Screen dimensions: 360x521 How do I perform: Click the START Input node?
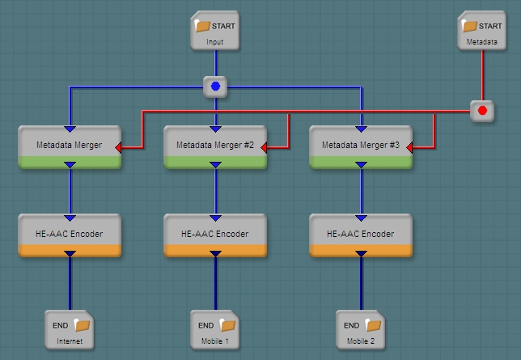pyautogui.click(x=215, y=32)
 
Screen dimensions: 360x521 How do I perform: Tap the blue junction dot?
pyautogui.click(x=215, y=86)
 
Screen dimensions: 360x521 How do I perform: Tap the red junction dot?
pyautogui.click(x=483, y=110)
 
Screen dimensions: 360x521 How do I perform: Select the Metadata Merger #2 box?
pyautogui.click(x=215, y=146)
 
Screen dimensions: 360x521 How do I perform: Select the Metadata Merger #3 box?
pyautogui.click(x=361, y=146)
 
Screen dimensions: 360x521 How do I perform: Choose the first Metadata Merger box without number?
pyautogui.click(x=70, y=146)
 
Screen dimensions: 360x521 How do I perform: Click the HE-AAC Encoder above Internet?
pyautogui.click(x=70, y=234)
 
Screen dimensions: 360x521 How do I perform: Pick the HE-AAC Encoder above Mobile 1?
pyautogui.click(x=215, y=234)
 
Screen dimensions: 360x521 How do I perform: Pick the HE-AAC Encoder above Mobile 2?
pyautogui.click(x=361, y=234)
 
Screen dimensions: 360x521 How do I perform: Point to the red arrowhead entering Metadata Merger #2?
pyautogui.click(x=265, y=148)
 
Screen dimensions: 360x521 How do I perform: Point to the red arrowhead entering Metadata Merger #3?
pyautogui.click(x=410, y=148)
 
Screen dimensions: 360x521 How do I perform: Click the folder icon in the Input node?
pyautogui.click(x=203, y=26)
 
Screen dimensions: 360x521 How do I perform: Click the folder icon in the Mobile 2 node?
pyautogui.click(x=374, y=325)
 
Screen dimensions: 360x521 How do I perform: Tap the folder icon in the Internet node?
pyautogui.click(x=83, y=325)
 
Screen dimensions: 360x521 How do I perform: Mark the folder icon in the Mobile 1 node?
pyautogui.click(x=228, y=325)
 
